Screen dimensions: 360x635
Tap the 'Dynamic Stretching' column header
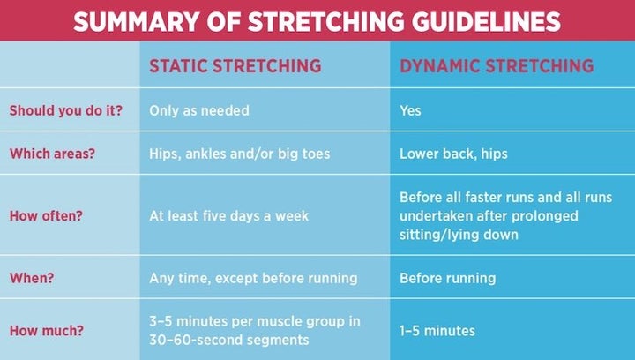tap(497, 66)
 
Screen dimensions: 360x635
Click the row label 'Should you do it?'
tap(66, 111)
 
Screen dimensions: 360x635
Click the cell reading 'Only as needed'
tap(199, 111)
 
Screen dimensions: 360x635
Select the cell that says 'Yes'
tap(410, 111)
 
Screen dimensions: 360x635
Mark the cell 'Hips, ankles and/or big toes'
tap(239, 154)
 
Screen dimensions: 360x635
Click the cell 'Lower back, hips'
tap(453, 154)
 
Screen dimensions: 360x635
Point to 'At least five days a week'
tap(228, 215)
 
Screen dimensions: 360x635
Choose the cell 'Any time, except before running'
tap(253, 278)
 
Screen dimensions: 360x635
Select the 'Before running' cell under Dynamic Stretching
tap(447, 278)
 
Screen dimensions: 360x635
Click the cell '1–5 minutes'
tap(437, 331)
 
